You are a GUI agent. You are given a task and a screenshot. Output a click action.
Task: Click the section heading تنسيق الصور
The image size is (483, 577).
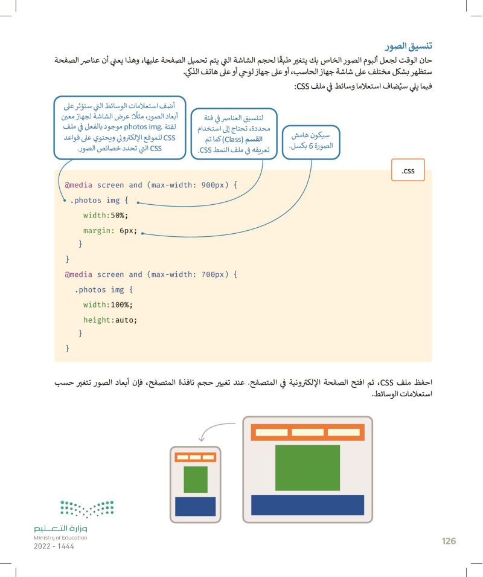[x=411, y=46]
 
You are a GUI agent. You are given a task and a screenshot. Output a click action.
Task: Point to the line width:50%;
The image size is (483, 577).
[x=106, y=215]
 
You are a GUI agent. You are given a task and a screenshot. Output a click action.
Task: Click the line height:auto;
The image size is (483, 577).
[x=110, y=319]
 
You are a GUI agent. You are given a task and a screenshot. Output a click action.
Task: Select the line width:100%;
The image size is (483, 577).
[x=108, y=305]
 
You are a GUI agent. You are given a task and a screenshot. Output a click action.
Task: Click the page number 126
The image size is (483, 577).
[x=448, y=541]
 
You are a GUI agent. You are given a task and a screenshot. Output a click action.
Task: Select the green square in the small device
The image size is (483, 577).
[x=195, y=479]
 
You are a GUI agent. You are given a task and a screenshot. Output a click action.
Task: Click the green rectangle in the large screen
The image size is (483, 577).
[x=307, y=466]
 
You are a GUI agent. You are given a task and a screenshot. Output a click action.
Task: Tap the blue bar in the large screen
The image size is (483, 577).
[x=307, y=504]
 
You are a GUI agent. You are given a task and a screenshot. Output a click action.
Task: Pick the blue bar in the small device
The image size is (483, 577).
[x=195, y=506]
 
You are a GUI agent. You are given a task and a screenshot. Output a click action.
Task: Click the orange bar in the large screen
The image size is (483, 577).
[x=307, y=433]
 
